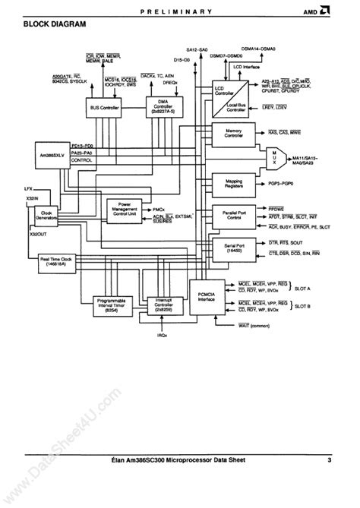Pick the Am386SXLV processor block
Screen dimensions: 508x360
click(50, 155)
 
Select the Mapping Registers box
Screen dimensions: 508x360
click(235, 183)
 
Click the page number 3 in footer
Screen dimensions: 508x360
click(329, 459)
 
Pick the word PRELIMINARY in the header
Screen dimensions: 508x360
click(180, 11)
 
